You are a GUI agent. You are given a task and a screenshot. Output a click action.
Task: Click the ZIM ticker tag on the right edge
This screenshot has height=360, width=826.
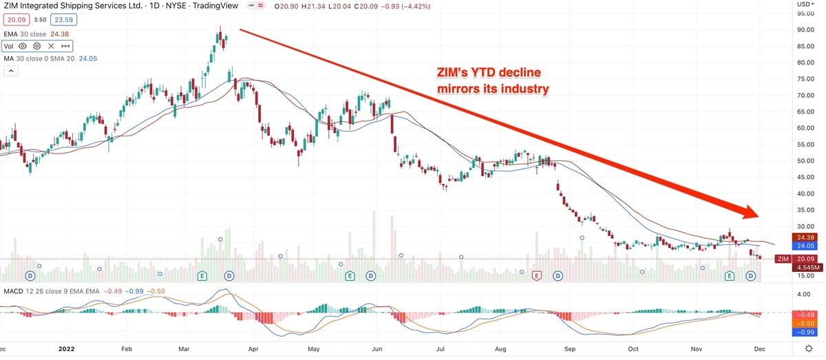pyautogui.click(x=782, y=259)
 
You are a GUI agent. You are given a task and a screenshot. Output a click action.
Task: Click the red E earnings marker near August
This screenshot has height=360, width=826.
pyautogui.click(x=536, y=275)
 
